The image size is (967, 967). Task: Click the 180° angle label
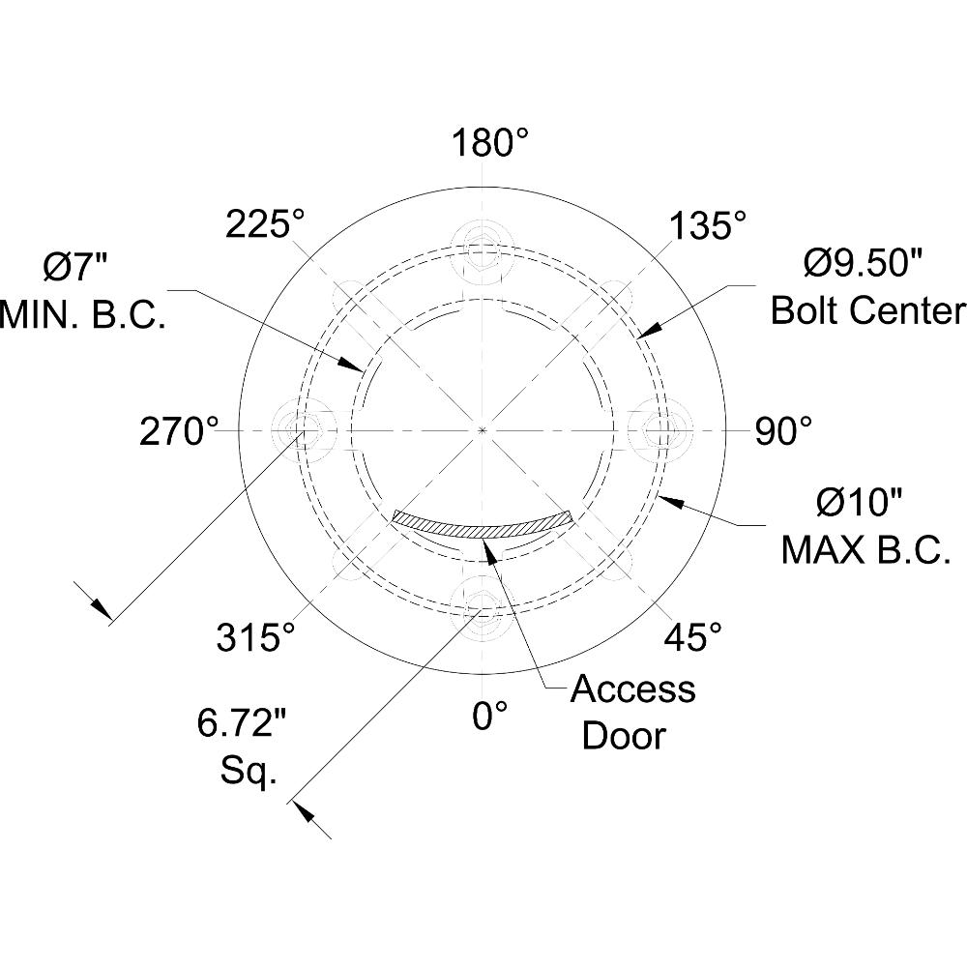click(x=491, y=143)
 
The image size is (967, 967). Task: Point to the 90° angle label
click(x=782, y=431)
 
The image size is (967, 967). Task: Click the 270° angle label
click(x=179, y=431)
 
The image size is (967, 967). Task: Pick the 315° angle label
click(x=255, y=637)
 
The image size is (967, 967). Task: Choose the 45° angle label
click(x=692, y=636)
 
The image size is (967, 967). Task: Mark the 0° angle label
click(x=490, y=717)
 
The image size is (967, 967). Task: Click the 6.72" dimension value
click(x=241, y=722)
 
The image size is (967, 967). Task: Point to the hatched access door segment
click(x=483, y=525)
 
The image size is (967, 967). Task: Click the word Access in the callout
click(x=632, y=689)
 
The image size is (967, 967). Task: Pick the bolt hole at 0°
click(x=483, y=605)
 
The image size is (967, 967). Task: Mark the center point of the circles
click(x=483, y=429)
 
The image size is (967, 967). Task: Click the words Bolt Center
click(x=867, y=310)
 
